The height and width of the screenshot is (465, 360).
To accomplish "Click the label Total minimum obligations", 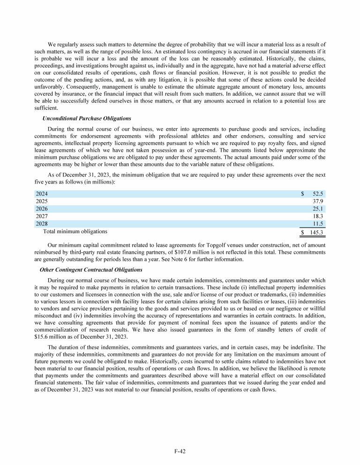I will click(x=75, y=231).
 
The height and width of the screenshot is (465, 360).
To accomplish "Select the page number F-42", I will click(x=180, y=451).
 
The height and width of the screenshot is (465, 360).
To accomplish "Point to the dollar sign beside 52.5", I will click(x=302, y=194).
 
